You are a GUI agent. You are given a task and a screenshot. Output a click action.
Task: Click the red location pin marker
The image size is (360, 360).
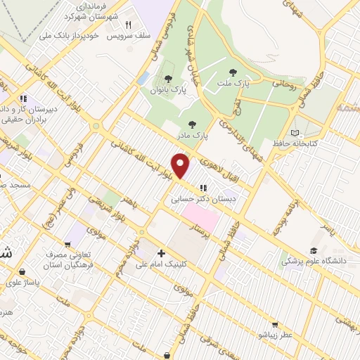pos(181,165)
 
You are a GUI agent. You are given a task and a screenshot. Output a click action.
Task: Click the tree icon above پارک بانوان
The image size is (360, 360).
pos(167,78)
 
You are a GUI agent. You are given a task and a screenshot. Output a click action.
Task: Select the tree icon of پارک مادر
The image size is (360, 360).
pos(192,124)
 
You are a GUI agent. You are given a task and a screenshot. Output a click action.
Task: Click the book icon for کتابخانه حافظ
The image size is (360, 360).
pos(295,133)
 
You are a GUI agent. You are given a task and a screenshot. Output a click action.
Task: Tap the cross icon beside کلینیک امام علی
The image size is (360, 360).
pos(162,253)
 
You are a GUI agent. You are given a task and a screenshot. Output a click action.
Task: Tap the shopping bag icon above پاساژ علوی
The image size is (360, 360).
pos(23,271)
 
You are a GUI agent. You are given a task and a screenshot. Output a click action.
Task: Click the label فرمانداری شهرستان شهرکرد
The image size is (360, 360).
pos(89,11)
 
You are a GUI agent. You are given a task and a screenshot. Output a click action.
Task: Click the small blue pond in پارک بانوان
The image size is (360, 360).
pos(143,77)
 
